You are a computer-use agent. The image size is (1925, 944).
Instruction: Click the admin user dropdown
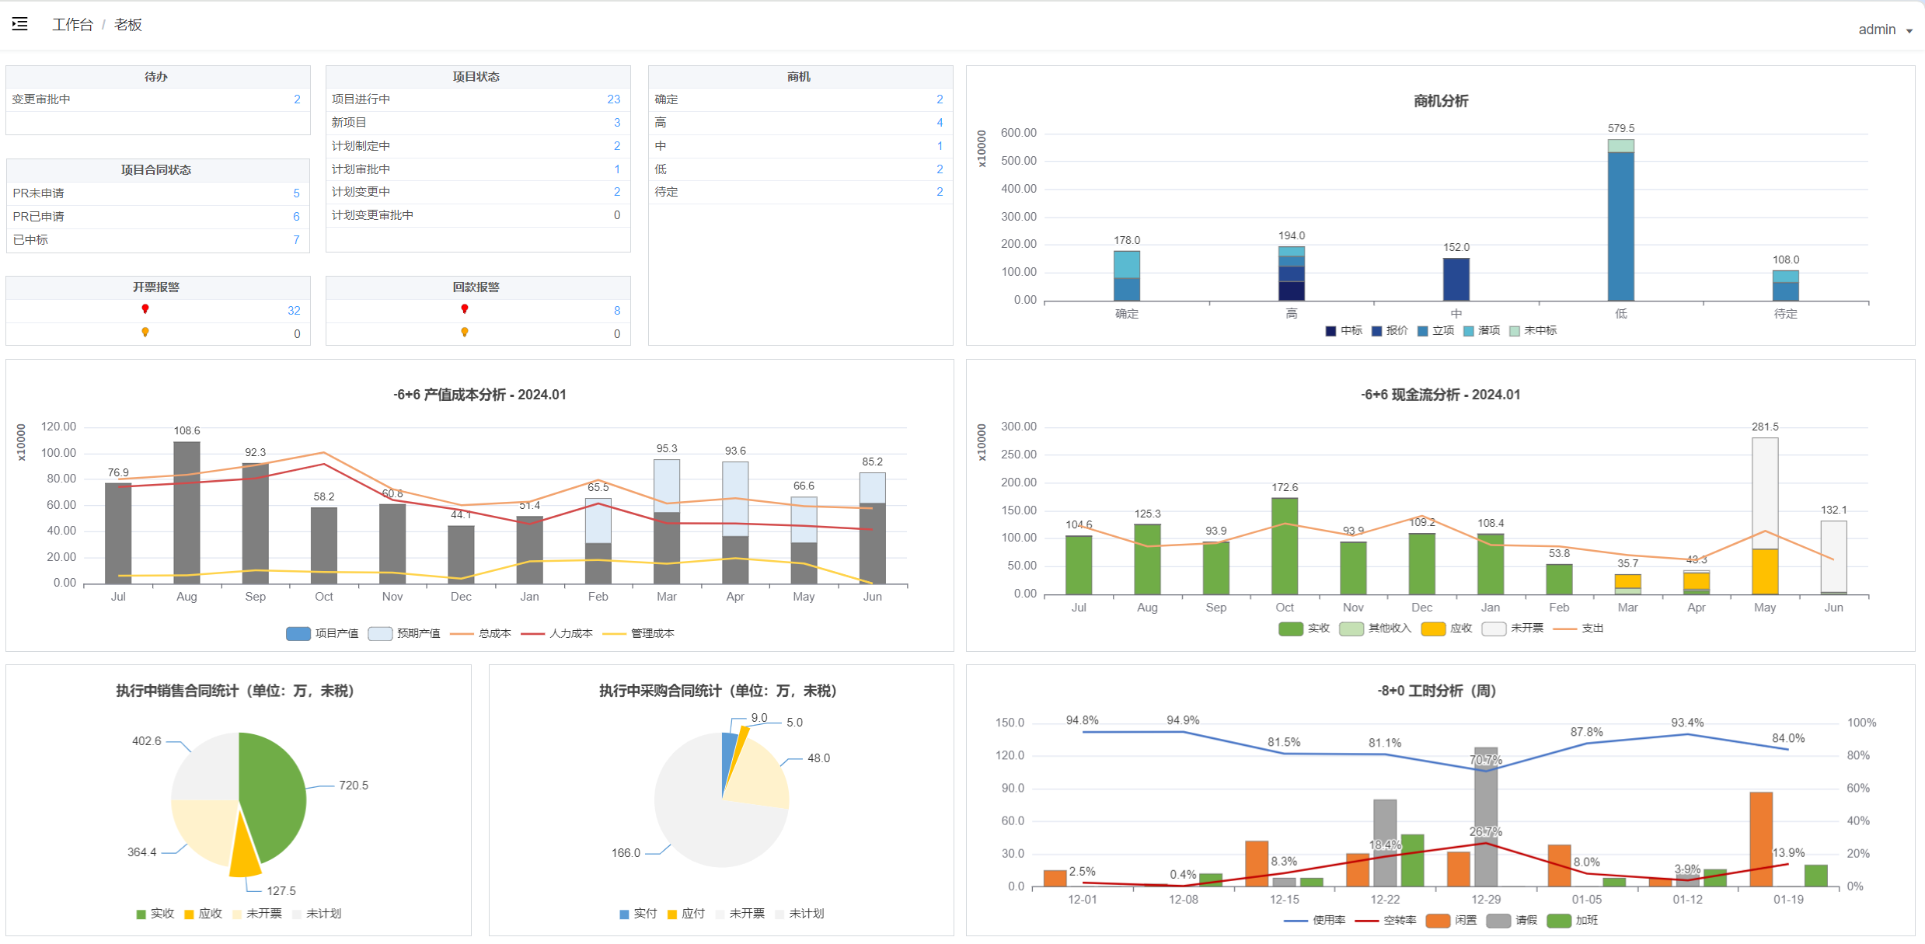(1885, 30)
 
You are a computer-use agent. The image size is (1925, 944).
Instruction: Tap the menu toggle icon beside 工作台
(20, 24)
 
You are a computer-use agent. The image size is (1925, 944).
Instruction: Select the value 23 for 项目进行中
(614, 99)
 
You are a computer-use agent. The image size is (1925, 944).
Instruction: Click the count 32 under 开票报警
(294, 311)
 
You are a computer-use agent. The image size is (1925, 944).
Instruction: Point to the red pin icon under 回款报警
(465, 309)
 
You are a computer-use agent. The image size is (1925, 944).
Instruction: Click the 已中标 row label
(30, 240)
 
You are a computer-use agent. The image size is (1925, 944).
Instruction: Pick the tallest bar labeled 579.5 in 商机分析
(1620, 220)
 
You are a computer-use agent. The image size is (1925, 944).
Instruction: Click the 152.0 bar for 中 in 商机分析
(1456, 280)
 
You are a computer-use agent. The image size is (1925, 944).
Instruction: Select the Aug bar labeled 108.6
(187, 513)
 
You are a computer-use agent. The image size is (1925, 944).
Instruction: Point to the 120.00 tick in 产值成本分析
(59, 427)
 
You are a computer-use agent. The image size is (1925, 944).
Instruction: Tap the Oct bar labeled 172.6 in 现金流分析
(1285, 546)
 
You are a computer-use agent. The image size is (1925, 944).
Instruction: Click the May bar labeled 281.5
(1765, 516)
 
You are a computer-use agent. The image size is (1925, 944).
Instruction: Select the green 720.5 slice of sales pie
(272, 796)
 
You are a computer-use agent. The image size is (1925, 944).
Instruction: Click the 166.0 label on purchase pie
(626, 853)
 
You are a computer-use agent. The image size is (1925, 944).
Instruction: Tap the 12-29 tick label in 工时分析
(1486, 900)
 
